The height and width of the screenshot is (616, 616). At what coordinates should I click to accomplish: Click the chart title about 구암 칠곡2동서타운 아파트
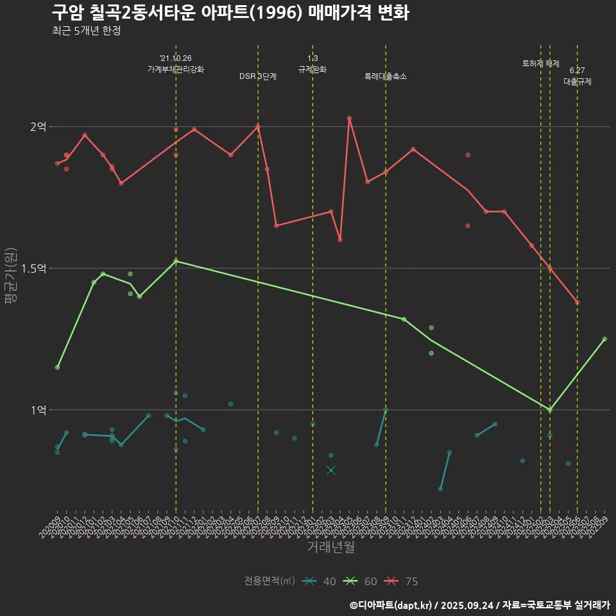230,13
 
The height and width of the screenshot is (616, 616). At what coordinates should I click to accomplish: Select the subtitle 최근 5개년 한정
86,31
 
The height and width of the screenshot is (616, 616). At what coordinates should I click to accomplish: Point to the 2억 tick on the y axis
38,127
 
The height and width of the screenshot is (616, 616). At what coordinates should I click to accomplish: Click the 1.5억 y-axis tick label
34,268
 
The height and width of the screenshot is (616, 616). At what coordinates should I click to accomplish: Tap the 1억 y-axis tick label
38,410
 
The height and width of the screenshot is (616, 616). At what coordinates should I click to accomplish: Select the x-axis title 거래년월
330,547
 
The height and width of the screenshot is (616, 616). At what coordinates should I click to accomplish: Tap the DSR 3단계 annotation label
258,76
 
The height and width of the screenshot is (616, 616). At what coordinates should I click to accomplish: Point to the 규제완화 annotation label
312,69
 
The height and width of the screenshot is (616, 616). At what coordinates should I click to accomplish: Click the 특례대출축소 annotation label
386,76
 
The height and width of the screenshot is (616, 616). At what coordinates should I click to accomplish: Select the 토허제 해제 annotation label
541,64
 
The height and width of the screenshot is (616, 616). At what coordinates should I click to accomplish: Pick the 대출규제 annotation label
577,81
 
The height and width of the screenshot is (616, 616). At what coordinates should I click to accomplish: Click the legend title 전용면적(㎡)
269,581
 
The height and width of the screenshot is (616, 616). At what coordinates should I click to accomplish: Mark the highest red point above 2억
349,119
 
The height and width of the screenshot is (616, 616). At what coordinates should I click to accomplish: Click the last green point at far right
604,339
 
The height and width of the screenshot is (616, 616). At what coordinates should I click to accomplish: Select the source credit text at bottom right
479,604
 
